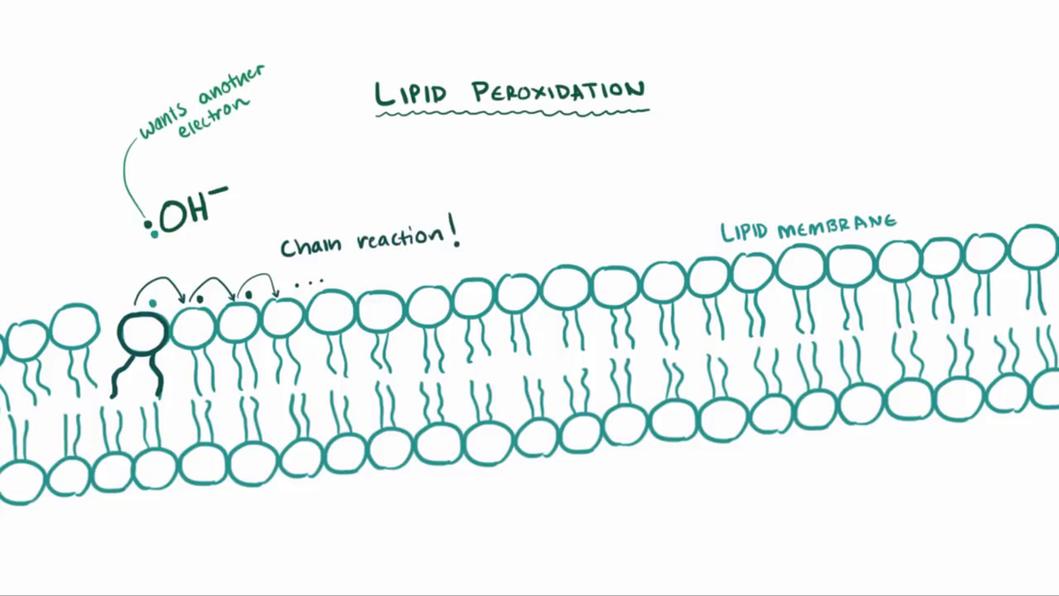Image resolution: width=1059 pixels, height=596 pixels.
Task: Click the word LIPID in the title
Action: [x=410, y=93]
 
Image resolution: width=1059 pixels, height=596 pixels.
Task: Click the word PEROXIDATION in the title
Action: [x=559, y=91]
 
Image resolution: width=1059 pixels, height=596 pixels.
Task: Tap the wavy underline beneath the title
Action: [x=512, y=113]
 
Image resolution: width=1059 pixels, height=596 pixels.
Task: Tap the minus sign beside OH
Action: [x=219, y=190]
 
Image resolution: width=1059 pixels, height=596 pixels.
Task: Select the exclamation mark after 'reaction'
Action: [x=454, y=229]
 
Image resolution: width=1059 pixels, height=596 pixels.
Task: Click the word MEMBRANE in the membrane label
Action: [x=836, y=226]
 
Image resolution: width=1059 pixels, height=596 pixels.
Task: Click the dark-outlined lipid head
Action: [x=119, y=333]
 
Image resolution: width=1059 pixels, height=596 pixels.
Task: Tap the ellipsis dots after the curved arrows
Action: [x=308, y=282]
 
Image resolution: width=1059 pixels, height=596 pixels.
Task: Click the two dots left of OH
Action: [x=151, y=229]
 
